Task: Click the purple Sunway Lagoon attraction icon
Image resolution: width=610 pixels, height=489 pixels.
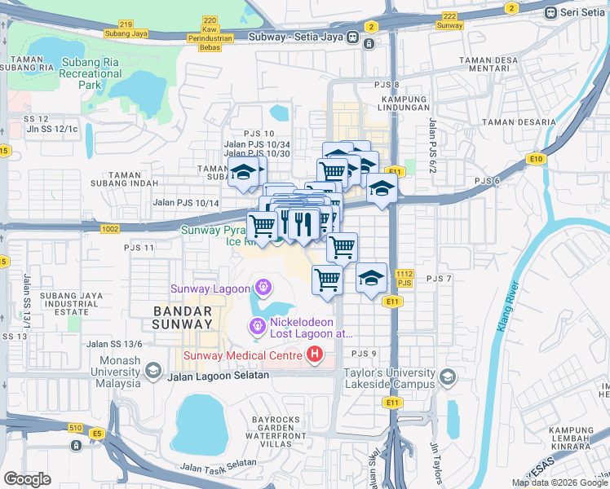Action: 263,288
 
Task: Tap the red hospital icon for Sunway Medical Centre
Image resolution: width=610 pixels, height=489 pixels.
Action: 314,355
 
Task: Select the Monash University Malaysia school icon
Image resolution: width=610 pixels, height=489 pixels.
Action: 152,371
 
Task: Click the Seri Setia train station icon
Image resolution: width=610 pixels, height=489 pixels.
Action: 552,12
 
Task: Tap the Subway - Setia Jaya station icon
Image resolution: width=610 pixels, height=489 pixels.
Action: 353,37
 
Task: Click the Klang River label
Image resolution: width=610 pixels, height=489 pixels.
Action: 509,307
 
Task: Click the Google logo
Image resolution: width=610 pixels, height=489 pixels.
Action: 28,478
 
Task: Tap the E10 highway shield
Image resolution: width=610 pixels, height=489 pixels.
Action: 536,159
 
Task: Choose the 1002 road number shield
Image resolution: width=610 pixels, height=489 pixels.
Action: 110,229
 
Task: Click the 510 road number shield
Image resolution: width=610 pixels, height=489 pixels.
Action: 75,427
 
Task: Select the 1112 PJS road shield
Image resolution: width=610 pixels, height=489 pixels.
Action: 404,278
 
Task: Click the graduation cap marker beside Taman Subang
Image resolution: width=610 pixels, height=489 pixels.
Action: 243,173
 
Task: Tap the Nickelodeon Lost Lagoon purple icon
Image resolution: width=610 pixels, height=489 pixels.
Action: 257,328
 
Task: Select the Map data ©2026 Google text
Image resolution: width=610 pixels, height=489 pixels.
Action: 559,482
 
